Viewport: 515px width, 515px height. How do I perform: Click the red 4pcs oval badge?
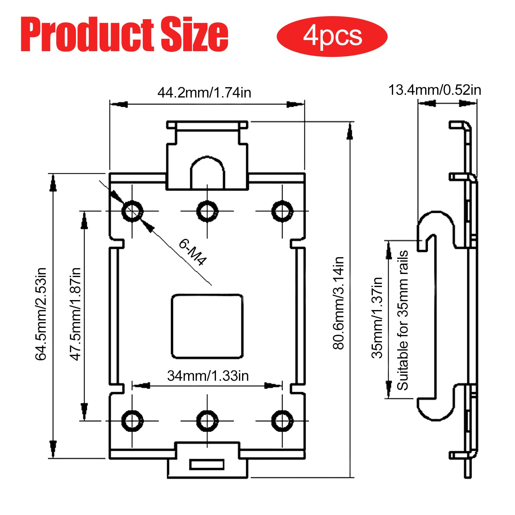[332, 36]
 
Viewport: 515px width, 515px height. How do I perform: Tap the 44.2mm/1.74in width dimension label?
[204, 93]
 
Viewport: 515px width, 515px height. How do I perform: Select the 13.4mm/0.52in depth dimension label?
[435, 90]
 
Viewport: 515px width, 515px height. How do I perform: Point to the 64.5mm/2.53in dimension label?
[41, 314]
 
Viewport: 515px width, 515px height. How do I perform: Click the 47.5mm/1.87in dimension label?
[75, 314]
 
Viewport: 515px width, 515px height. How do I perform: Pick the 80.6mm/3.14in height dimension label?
[339, 303]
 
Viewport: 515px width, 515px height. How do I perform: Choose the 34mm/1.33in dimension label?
[208, 376]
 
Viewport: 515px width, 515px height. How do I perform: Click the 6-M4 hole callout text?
[193, 252]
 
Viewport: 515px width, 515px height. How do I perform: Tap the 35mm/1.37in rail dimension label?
[377, 318]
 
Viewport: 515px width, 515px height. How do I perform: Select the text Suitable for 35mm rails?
[403, 320]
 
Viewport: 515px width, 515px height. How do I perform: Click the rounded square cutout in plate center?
[207, 326]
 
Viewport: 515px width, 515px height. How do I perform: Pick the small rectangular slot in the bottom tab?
[207, 465]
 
